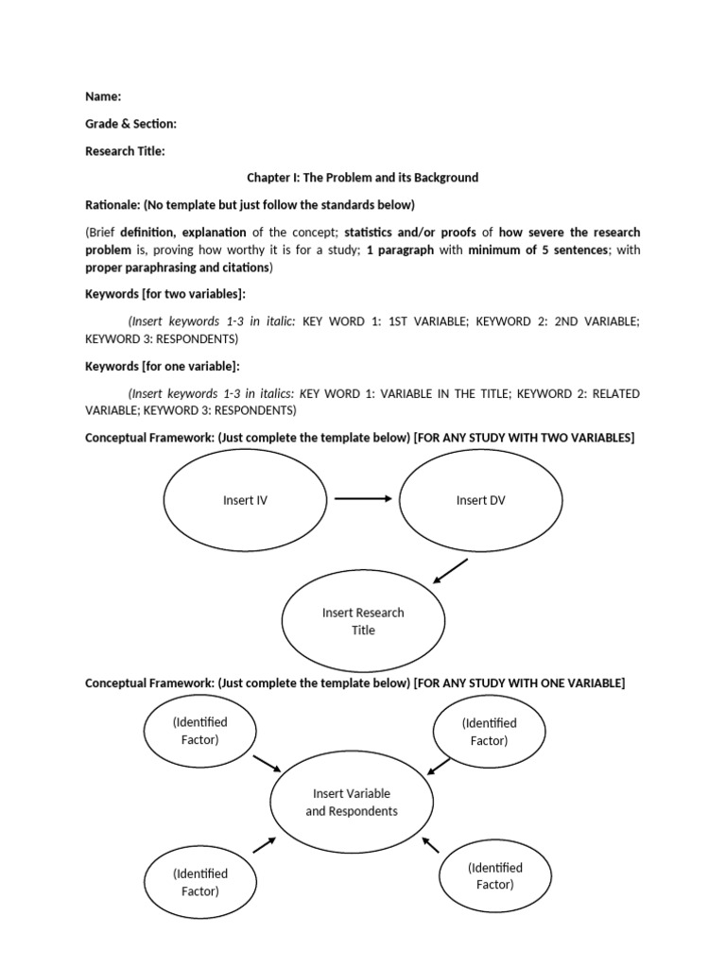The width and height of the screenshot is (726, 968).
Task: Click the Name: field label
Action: (103, 96)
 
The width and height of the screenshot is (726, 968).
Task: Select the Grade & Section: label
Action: (130, 124)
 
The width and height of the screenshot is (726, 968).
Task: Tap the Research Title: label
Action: (125, 151)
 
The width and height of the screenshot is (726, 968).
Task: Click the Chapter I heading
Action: (363, 178)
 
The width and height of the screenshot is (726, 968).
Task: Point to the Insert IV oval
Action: (245, 501)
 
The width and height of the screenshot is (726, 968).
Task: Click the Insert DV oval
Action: (480, 501)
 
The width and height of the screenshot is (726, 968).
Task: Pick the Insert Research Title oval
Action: (363, 621)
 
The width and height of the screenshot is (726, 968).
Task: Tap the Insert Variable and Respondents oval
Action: (352, 803)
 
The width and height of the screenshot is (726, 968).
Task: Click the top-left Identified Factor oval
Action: (199, 731)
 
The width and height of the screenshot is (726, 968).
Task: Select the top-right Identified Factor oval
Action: (489, 732)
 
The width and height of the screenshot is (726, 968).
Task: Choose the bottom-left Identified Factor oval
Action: (199, 882)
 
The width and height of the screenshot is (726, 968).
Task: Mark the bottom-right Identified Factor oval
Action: (494, 876)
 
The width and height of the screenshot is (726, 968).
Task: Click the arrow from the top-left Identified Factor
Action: (267, 762)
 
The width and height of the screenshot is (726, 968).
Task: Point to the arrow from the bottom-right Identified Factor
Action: (431, 844)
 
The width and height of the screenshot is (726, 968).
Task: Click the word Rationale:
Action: (112, 205)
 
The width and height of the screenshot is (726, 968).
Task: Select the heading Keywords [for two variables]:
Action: (165, 294)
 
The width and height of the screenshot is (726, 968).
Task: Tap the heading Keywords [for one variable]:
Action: (163, 366)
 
